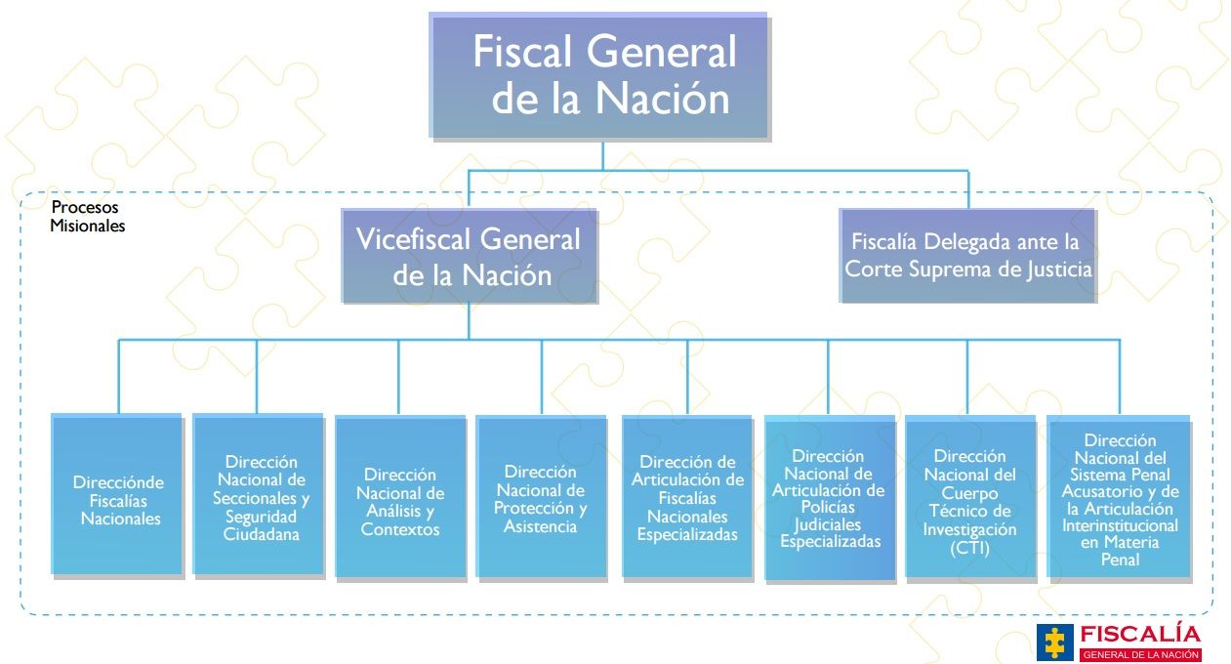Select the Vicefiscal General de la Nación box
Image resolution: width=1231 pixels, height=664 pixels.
pos(469,255)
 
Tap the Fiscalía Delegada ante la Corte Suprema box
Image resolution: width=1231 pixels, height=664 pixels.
pos(967,255)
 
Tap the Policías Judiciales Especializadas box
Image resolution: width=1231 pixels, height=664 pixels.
pos(829,498)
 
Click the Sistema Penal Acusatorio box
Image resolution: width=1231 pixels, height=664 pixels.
pos(1119,497)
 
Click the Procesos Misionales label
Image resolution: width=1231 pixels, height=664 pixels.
pos(87,217)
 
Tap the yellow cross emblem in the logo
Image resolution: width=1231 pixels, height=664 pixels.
pos(1053,641)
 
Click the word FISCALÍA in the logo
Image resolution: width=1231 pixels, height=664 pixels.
pos(1139,632)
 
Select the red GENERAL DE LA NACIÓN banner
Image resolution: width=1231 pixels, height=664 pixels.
pos(1139,654)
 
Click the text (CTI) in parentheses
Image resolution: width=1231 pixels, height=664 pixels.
pos(969,548)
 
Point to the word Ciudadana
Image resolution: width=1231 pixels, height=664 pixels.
pos(261,534)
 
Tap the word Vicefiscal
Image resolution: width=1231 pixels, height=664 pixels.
pos(415,239)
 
